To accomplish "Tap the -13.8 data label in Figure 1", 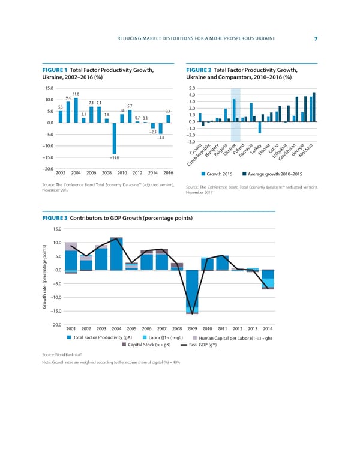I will [114, 157].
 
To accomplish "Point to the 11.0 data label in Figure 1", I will [76, 94].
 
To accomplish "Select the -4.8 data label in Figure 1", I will [160, 138].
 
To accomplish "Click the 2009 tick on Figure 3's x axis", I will [193, 328].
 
